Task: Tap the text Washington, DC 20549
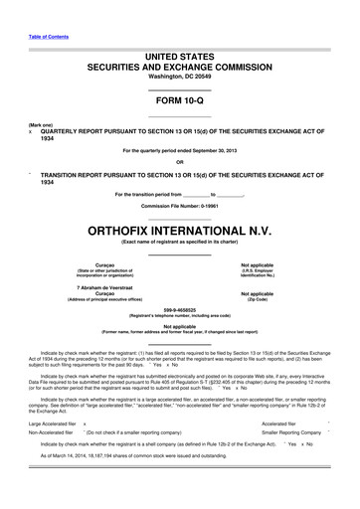179,76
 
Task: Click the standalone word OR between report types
179,162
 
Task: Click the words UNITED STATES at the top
179,49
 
